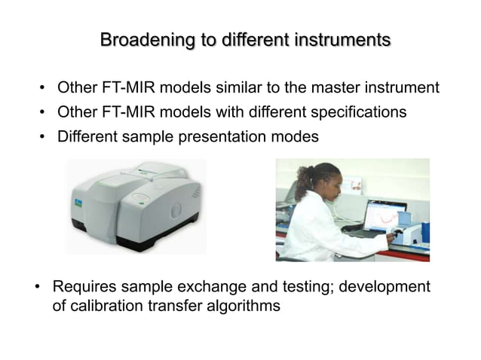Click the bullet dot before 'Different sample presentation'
click(x=44, y=137)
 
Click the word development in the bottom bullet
click(x=388, y=288)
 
